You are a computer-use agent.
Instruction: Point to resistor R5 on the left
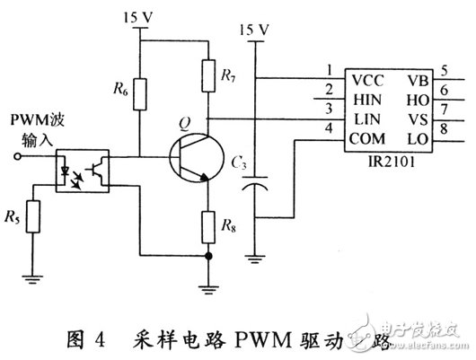point(33,217)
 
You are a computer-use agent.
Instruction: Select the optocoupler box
point(80,168)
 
